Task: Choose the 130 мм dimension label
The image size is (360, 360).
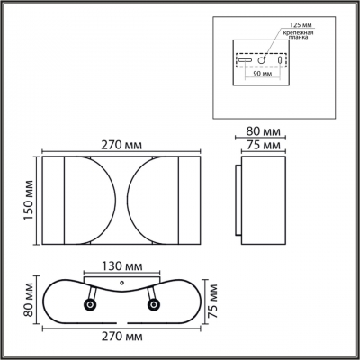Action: (123, 266)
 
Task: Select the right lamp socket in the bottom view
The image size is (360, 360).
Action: (154, 306)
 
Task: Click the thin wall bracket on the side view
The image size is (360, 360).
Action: (237, 201)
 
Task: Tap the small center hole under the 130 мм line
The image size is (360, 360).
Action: (121, 286)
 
